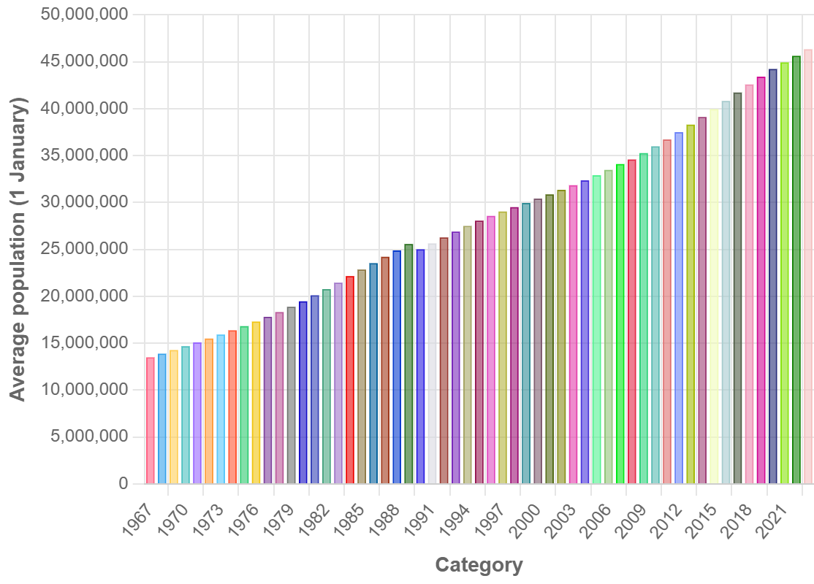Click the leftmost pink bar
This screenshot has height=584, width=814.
pos(151,420)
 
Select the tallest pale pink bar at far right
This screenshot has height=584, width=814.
pos(808,266)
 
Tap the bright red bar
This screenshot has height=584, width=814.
pos(350,380)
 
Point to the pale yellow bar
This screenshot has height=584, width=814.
pos(714,296)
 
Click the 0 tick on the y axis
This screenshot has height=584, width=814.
pos(123,484)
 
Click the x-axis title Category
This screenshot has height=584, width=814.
pos(479,565)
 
